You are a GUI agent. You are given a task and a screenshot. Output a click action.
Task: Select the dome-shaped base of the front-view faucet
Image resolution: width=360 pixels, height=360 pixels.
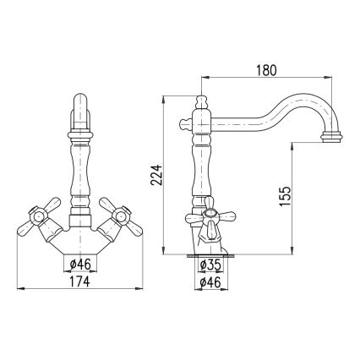coord(80,243)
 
